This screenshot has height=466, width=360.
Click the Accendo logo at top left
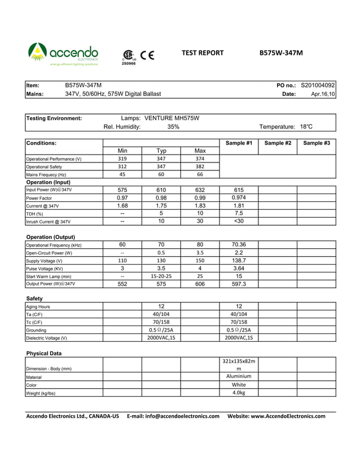[x=63, y=55]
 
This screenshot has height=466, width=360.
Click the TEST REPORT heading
[x=203, y=53]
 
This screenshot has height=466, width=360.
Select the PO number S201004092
[x=318, y=85]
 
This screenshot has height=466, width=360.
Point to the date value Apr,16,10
[x=323, y=94]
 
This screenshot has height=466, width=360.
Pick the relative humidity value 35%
[x=173, y=127]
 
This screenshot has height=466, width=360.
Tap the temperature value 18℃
[x=306, y=127]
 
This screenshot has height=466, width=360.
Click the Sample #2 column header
[x=278, y=143]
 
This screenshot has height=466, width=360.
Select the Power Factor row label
[x=39, y=199]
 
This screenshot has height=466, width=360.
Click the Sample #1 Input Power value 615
[x=238, y=190]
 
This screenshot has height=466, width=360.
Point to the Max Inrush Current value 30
[x=200, y=222]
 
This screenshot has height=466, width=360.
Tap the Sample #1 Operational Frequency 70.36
[x=239, y=245]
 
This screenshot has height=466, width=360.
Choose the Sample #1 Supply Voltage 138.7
[x=239, y=261]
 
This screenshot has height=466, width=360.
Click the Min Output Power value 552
[x=122, y=284]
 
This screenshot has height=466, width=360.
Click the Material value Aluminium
[x=239, y=376]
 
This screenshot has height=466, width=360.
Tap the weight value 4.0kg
[x=239, y=393]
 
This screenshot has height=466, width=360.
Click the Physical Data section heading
[x=44, y=353]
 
